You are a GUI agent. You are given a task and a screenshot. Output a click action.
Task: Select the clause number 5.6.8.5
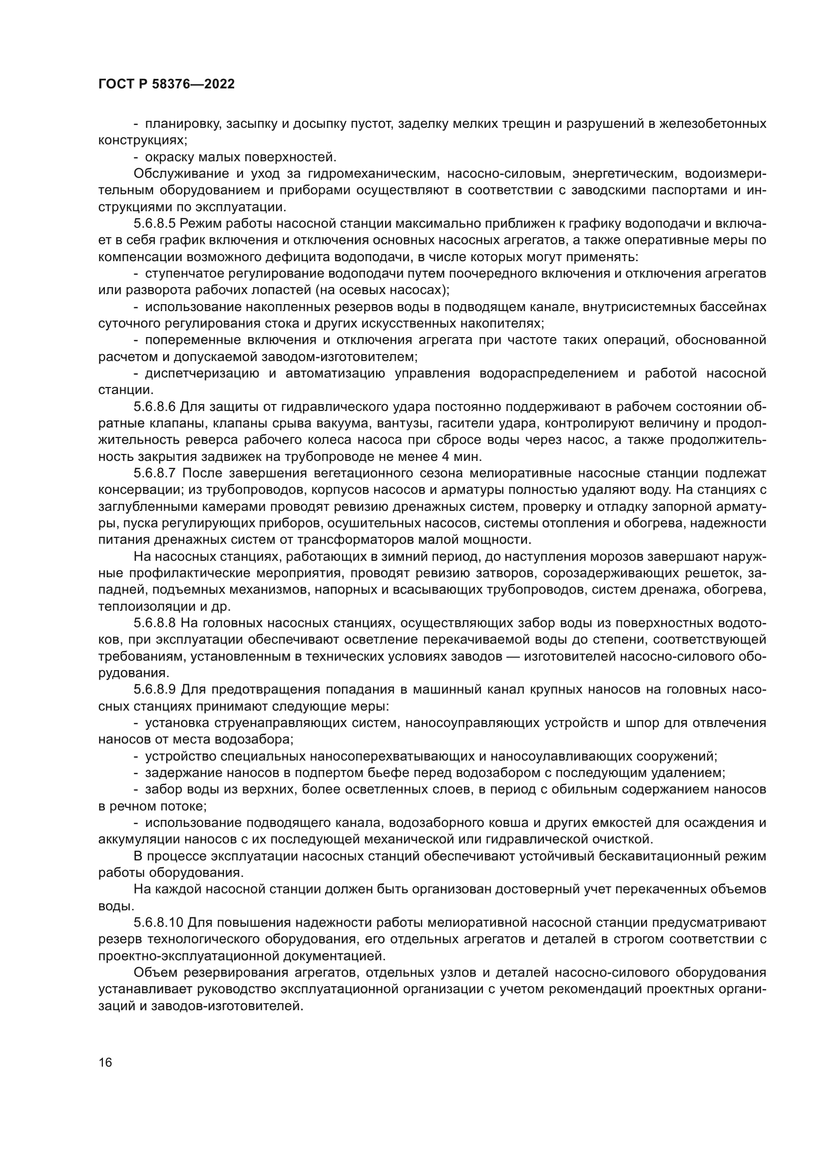(x=155, y=223)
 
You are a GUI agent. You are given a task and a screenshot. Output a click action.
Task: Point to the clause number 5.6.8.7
(x=155, y=473)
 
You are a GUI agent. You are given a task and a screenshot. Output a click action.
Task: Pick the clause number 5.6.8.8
(x=155, y=623)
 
